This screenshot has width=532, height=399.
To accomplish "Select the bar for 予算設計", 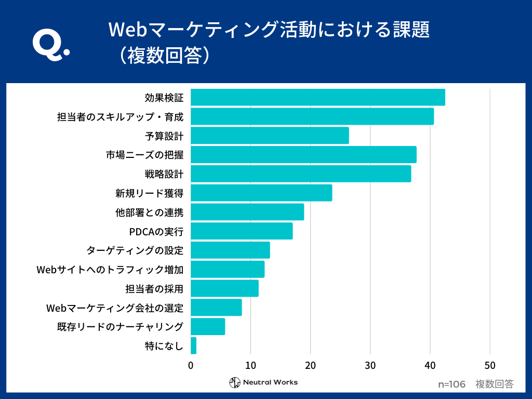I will click(x=270, y=136).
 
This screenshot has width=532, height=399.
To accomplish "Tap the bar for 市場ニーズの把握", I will click(x=303, y=155).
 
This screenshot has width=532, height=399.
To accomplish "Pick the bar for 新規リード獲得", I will click(x=261, y=193).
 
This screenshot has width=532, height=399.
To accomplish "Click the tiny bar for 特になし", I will click(x=193, y=345).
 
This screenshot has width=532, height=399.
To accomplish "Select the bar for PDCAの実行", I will click(x=242, y=231).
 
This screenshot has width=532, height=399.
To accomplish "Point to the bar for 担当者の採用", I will click(x=224, y=288).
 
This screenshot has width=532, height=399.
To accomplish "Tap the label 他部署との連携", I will click(x=150, y=212).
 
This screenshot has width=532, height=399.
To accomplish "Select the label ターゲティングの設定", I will click(x=135, y=250).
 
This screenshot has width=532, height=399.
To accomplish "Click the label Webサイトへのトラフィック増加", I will click(x=110, y=270).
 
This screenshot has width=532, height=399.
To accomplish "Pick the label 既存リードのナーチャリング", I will click(x=120, y=327).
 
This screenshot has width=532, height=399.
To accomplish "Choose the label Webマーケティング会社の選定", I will click(x=115, y=308).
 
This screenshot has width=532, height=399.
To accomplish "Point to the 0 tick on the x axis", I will click(x=191, y=365).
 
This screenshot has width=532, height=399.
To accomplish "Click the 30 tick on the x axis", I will click(x=370, y=365).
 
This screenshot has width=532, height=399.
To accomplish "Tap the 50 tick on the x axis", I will click(x=489, y=365).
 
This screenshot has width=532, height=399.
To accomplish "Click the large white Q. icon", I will click(x=50, y=44).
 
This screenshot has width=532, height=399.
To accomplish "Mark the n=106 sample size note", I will click(x=451, y=384).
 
